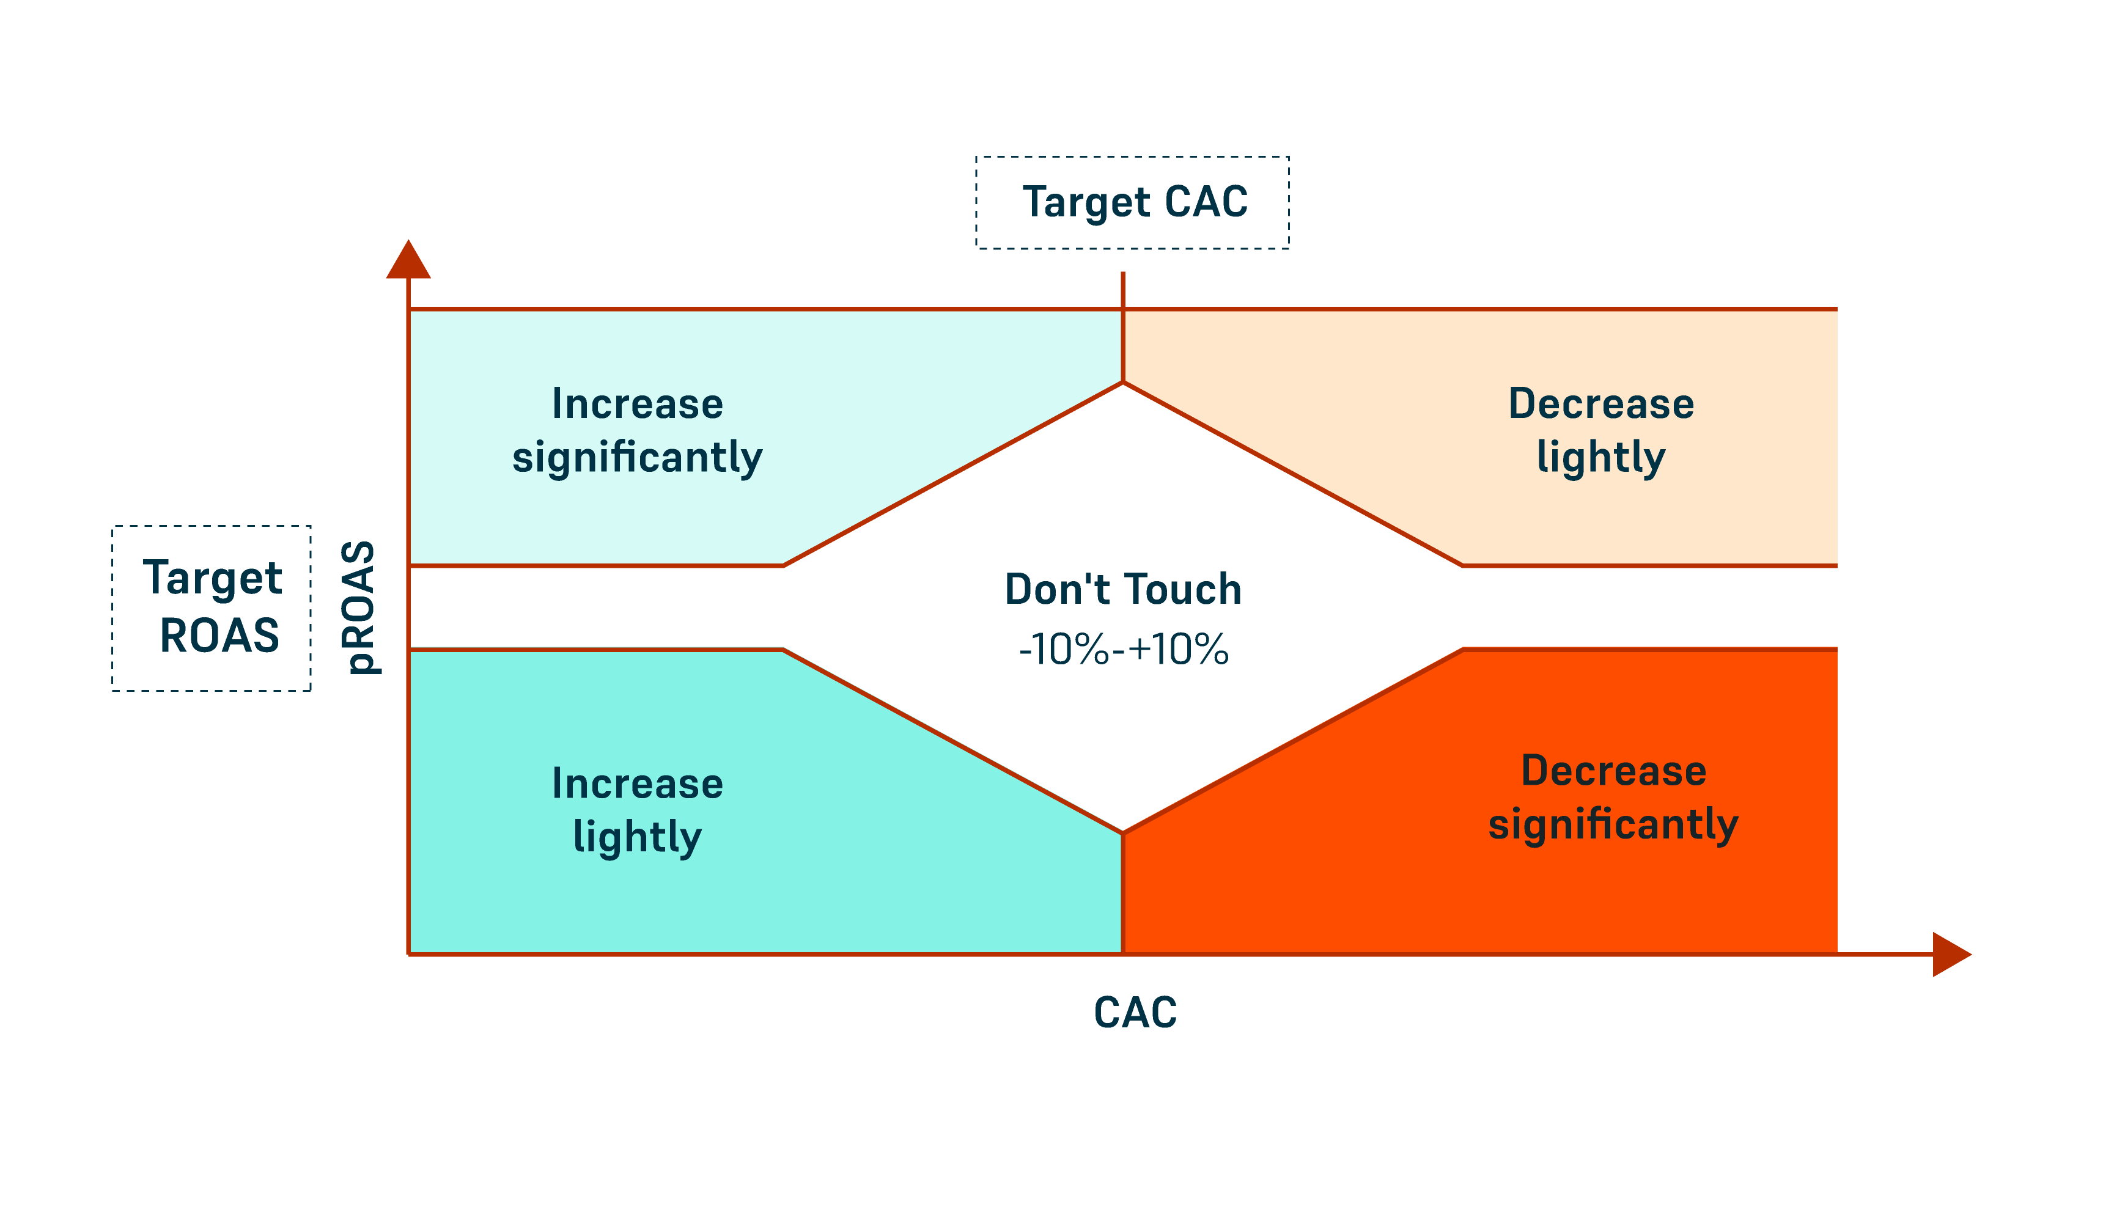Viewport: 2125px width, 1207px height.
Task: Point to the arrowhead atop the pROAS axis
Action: pos(408,260)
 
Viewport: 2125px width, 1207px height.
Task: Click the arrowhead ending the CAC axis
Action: pos(1950,954)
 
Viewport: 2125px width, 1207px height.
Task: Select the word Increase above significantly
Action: pos(638,405)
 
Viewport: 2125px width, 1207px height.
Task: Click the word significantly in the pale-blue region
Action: pos(637,458)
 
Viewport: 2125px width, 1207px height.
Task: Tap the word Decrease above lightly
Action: pos(1601,405)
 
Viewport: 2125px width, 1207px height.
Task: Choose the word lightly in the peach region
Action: pos(1600,458)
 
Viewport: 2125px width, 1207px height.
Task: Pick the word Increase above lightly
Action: pos(638,784)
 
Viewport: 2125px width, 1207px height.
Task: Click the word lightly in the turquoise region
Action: pos(637,837)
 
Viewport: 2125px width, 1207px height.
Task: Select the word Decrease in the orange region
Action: pos(1613,771)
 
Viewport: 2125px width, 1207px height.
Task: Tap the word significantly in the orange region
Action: pos(1613,825)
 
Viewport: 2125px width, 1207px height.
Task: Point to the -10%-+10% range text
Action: pos(1124,649)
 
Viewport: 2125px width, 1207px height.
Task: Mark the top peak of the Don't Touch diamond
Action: pos(1122,383)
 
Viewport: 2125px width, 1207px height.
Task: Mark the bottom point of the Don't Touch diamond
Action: pos(1122,832)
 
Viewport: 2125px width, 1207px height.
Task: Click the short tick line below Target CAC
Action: pos(1122,290)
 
